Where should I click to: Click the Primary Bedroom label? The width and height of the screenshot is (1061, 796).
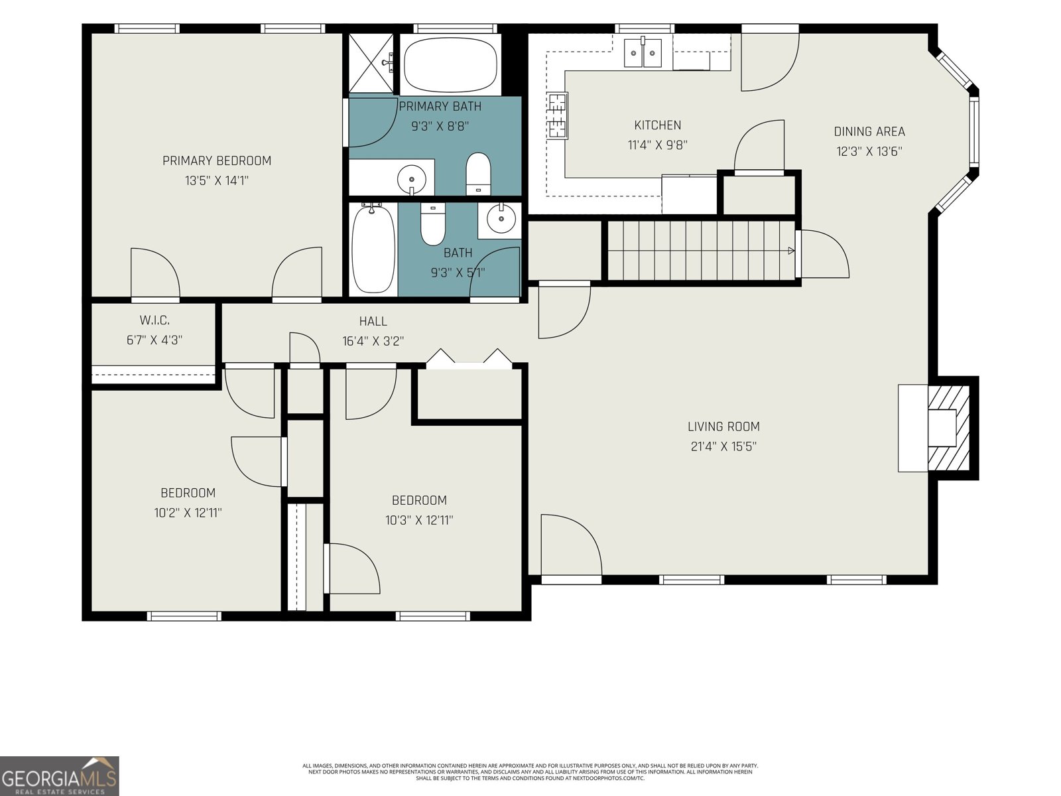[x=217, y=161]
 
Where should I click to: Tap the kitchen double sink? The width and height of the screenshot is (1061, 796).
[x=643, y=52]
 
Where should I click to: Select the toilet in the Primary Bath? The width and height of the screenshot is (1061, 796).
[x=478, y=174]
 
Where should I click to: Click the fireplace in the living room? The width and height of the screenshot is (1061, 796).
[x=934, y=429]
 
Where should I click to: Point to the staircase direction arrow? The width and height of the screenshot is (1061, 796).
[x=791, y=250]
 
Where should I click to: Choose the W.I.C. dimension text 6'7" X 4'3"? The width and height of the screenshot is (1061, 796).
[x=155, y=340]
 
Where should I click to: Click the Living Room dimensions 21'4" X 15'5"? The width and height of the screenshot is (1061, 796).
[x=723, y=446]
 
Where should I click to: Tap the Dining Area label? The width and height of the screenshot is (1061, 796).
[x=869, y=131]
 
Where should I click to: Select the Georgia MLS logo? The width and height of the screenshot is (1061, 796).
[x=60, y=775]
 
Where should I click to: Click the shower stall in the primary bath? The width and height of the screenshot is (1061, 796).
[x=371, y=63]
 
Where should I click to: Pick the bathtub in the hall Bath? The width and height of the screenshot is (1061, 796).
[x=373, y=249]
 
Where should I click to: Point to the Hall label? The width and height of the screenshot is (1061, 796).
[x=373, y=321]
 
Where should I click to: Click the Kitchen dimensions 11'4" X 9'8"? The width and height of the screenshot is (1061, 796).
[x=657, y=145]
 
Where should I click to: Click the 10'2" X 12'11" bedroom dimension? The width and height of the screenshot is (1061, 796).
[x=188, y=513]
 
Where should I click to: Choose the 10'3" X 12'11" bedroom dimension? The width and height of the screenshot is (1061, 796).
[x=418, y=520]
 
